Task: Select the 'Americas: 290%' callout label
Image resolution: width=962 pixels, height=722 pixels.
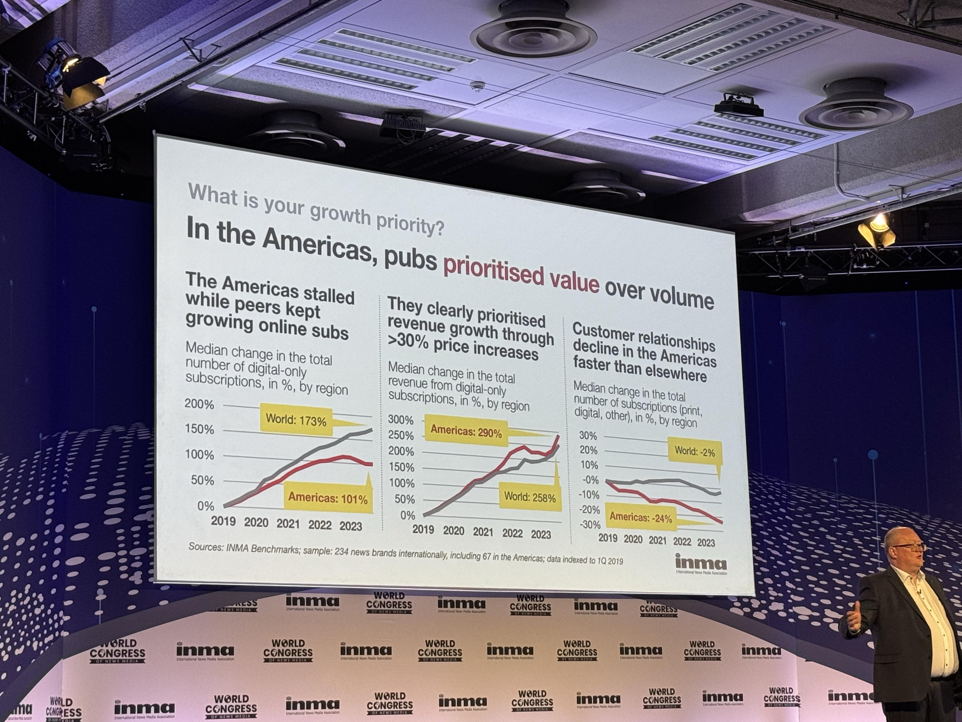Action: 466,433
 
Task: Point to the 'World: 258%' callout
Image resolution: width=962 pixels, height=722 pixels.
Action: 530,497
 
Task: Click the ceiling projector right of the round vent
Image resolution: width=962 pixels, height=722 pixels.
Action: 739,106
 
